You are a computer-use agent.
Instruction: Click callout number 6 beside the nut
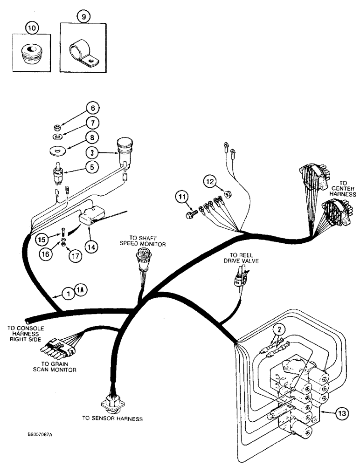coord(93,109)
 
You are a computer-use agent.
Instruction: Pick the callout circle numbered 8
coord(93,138)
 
